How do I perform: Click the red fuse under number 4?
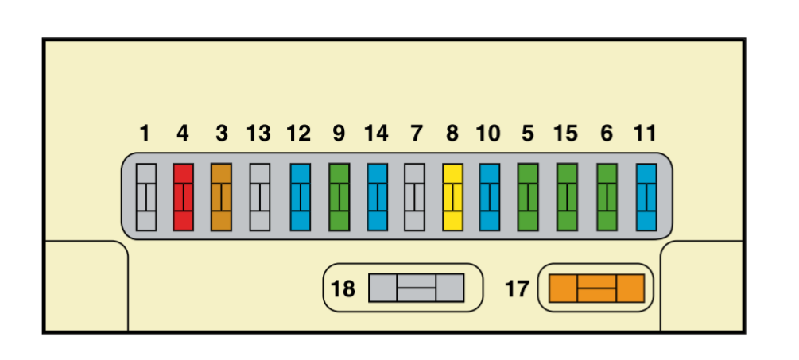tap(183, 197)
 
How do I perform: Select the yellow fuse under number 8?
tap(452, 197)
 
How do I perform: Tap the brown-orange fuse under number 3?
tap(221, 197)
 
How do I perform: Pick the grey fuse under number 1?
tap(145, 197)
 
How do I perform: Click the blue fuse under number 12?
tap(301, 197)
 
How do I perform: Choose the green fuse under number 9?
tap(339, 197)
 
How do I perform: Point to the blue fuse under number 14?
tap(377, 197)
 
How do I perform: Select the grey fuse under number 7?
tap(414, 197)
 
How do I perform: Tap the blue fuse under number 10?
tap(489, 197)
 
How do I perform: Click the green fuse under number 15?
tap(567, 197)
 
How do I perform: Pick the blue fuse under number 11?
tap(646, 197)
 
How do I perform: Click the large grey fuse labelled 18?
tap(417, 288)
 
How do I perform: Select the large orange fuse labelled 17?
tap(597, 288)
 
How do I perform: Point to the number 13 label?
tap(259, 134)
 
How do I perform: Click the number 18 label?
tap(343, 288)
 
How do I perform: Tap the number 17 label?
tap(518, 288)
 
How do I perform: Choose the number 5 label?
tap(528, 134)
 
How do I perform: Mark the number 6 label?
tap(607, 134)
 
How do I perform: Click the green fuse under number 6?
tap(607, 197)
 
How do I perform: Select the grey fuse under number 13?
tap(259, 197)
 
